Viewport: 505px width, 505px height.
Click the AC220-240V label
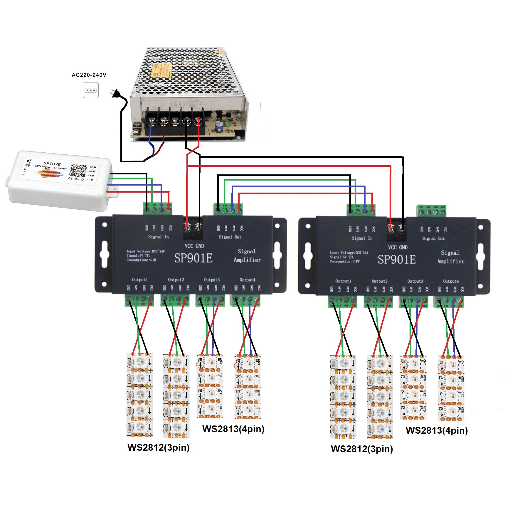point(89,75)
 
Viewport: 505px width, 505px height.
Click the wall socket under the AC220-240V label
point(90,90)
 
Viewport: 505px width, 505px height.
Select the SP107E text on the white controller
point(52,164)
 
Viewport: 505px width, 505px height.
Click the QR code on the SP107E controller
point(79,171)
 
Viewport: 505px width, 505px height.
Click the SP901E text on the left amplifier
point(193,258)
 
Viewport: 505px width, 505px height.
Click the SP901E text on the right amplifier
point(397,260)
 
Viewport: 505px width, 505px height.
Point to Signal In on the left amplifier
point(158,237)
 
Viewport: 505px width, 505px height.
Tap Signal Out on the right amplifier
point(433,238)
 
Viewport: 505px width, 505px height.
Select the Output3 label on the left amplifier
point(212,280)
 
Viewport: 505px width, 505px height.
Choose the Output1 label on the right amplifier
point(343,281)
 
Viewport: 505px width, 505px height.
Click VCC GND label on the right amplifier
point(398,248)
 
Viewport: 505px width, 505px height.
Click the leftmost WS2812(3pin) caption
point(158,447)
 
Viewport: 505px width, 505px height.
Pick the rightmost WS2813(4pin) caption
point(437,430)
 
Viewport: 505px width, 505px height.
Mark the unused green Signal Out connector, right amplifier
point(431,211)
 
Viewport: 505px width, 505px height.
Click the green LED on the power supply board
point(228,122)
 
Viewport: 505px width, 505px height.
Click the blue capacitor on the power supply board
point(219,126)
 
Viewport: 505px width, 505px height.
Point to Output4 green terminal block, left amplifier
point(245,300)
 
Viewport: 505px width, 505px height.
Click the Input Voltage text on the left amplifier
point(145,251)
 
